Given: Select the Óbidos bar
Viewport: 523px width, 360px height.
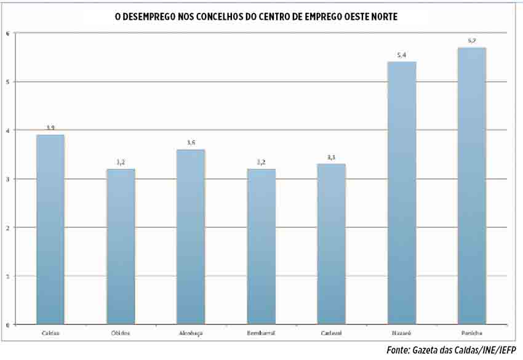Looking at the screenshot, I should click(x=121, y=246).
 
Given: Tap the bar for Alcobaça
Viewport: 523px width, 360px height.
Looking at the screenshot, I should click(x=191, y=236).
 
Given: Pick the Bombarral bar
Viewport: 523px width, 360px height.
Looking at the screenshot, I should click(x=261, y=246).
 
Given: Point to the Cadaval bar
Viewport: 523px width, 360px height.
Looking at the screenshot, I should click(x=331, y=244).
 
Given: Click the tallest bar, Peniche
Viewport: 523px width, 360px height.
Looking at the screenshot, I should click(x=472, y=185).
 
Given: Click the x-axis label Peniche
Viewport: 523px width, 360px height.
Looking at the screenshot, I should click(x=472, y=334).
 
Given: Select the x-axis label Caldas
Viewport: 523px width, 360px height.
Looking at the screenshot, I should click(x=50, y=334).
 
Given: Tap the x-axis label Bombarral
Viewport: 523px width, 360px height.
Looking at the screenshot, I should click(x=261, y=334).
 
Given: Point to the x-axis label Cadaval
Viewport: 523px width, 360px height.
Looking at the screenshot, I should click(x=331, y=334).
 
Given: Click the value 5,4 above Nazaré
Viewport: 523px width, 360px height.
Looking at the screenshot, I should click(x=402, y=55).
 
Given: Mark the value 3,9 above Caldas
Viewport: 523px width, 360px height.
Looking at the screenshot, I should click(x=50, y=128).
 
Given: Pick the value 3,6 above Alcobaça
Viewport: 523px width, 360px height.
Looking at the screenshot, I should click(x=191, y=143).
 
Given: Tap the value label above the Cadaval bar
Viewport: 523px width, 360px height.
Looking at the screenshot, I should click(x=331, y=158).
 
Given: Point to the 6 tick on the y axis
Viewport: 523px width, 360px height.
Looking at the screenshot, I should click(x=7, y=33).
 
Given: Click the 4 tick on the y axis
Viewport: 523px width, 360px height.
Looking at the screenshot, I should click(x=7, y=130).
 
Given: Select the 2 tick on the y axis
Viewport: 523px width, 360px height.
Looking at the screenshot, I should click(x=7, y=228).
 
